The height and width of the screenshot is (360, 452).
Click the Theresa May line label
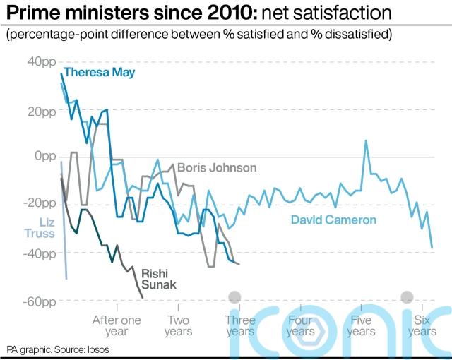pos(99,72)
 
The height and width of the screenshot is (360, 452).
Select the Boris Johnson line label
pos(217,168)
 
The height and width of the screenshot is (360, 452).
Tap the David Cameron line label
pos(334,220)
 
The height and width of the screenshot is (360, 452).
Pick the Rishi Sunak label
pos(159,278)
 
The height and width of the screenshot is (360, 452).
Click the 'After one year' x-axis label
pos(117,325)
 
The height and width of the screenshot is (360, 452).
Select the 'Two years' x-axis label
pos(178,325)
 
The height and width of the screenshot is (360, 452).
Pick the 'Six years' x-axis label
pos(422,325)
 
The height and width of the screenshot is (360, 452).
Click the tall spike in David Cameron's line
pos(366,140)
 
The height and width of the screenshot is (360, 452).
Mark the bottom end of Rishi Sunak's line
pos(143,297)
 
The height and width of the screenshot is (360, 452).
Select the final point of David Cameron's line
pos(432,248)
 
